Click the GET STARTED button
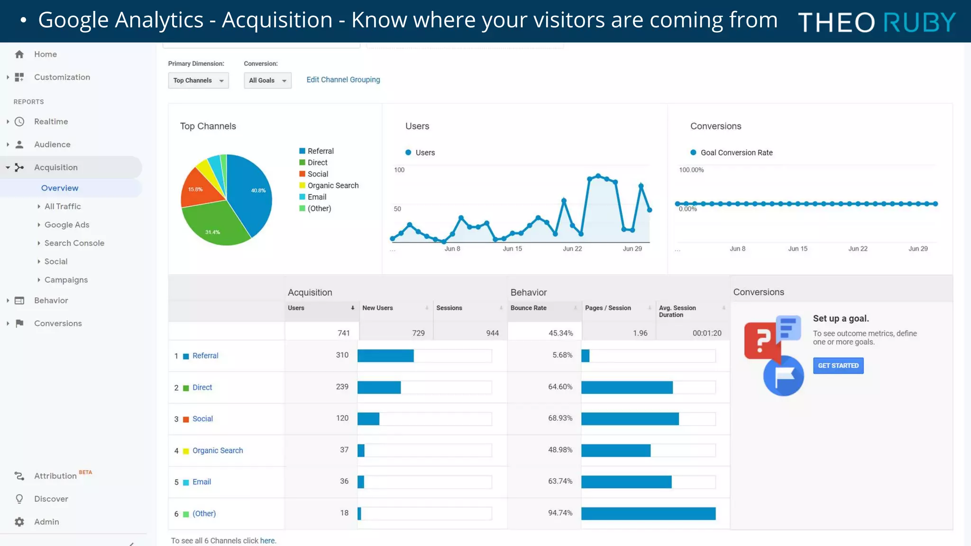(838, 365)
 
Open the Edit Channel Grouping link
(343, 80)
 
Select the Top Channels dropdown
(198, 81)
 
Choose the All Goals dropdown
(267, 81)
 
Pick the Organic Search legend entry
(333, 185)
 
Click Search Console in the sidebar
(74, 243)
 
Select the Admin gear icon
(19, 522)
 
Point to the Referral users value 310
(342, 355)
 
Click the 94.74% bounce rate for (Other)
(560, 513)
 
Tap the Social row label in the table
(202, 419)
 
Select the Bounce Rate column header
(528, 308)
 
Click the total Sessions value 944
(492, 333)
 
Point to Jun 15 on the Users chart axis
(512, 249)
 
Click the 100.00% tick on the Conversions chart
(691, 170)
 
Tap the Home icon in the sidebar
(19, 55)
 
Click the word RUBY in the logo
(919, 22)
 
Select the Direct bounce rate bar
(627, 388)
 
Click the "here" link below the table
(267, 541)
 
